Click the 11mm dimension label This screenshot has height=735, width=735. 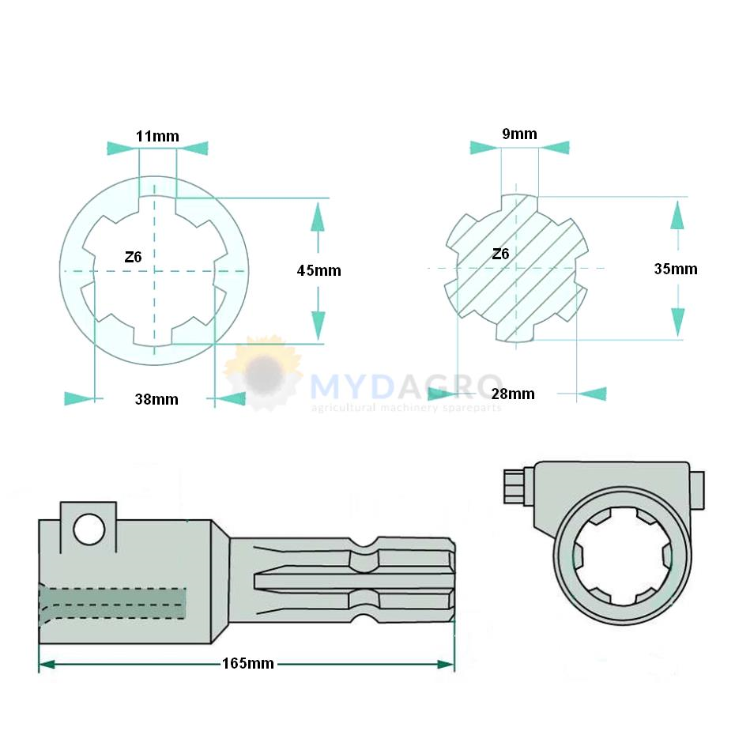(157, 137)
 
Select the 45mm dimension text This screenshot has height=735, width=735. (318, 270)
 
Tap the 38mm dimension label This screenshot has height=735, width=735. (156, 399)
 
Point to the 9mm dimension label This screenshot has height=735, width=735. (519, 134)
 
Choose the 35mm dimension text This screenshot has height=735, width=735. (676, 269)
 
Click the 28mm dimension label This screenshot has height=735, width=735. (513, 394)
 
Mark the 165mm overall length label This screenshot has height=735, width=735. (248, 663)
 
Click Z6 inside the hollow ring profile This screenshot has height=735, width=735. (133, 257)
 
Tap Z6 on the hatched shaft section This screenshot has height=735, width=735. (500, 254)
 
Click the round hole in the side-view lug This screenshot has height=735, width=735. (89, 530)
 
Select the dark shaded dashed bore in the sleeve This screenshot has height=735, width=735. (112, 603)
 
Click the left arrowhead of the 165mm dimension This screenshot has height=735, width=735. (47, 664)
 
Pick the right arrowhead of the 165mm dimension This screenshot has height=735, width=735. (445, 664)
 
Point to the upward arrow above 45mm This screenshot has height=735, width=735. (318, 217)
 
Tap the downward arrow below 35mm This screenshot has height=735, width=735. (678, 322)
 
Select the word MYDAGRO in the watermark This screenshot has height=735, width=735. (406, 386)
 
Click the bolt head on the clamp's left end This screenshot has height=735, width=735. (514, 487)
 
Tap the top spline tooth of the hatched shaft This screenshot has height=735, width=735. (519, 202)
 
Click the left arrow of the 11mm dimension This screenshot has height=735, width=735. (122, 148)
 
